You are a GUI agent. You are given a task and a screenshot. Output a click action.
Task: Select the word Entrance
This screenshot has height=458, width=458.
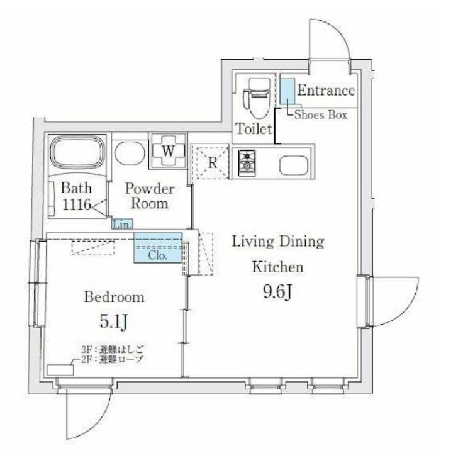pos(326,91)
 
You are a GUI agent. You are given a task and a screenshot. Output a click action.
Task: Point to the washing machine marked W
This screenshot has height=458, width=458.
pos(167,151)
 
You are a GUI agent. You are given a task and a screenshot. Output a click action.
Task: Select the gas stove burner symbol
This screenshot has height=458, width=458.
pos(247,162)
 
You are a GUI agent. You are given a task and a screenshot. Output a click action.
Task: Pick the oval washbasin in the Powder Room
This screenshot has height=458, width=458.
pos(129,153)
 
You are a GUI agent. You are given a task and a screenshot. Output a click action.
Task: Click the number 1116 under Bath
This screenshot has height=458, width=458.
pos(76,204)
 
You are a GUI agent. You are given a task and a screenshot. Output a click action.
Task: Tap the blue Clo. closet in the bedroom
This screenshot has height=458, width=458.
pos(157,250)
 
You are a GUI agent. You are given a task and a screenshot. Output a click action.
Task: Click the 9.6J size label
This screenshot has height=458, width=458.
pos(277,293)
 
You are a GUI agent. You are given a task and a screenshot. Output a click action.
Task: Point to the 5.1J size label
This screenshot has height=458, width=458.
pos(115,323)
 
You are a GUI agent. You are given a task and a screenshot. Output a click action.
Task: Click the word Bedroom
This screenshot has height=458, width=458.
pos(114,296)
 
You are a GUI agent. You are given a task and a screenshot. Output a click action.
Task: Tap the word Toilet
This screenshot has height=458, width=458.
pos(254,130)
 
